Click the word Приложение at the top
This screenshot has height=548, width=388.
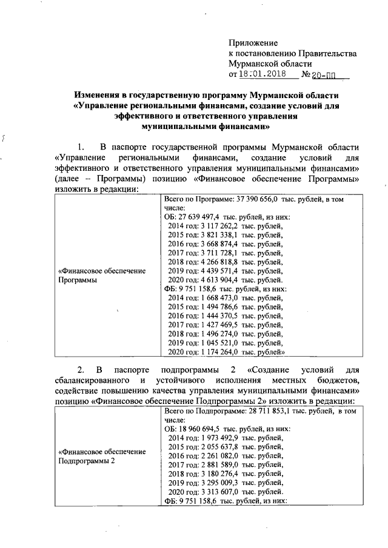pos(253,43)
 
